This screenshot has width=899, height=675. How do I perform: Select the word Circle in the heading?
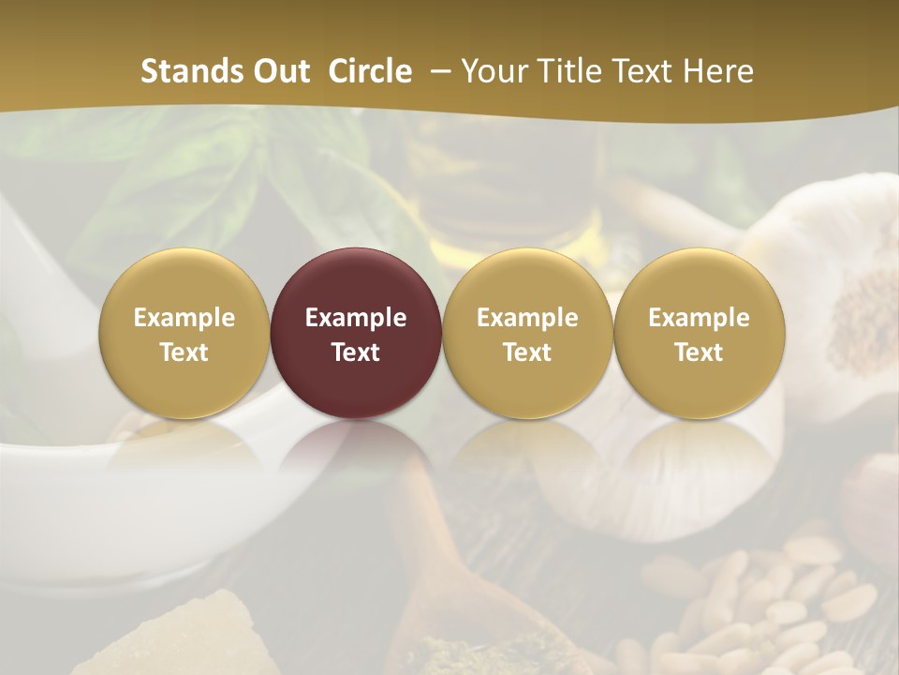pos(370,71)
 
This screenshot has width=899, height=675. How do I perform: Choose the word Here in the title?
pos(718,71)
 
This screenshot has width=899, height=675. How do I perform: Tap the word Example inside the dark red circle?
pos(356,318)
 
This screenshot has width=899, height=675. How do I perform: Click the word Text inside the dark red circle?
pos(356,352)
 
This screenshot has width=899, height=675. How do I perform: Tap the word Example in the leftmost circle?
pos(184,318)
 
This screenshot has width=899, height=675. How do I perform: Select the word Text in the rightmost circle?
pos(700,352)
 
